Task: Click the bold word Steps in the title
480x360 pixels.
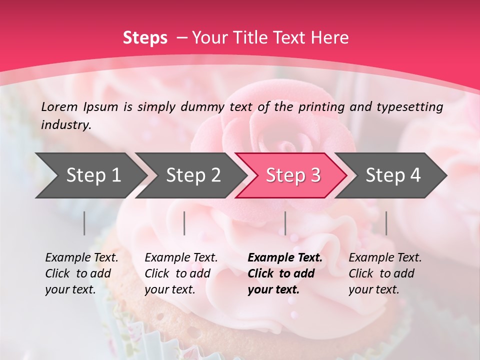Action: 145,38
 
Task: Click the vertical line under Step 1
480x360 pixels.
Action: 84,223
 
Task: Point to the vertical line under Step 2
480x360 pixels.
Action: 184,223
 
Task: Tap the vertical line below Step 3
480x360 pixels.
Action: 285,223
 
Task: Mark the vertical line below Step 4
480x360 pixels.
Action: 386,223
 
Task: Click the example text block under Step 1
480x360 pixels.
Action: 81,273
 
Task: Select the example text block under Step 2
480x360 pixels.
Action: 181,273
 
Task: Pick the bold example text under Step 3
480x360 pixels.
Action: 285,273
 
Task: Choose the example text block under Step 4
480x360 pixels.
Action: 385,273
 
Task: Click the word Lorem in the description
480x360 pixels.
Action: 59,106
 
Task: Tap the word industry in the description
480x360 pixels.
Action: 66,125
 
